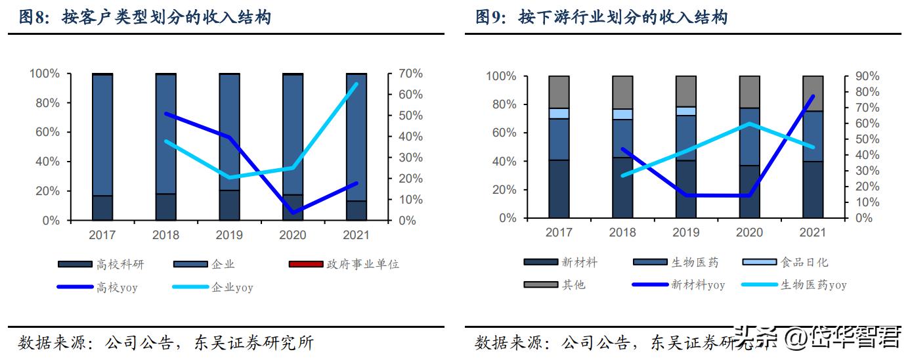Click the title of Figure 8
click(x=144, y=18)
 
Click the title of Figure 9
click(x=601, y=18)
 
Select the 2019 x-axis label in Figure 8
click(x=229, y=235)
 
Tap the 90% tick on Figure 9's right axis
click(x=859, y=76)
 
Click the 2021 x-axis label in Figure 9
click(x=813, y=233)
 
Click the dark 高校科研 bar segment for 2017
click(x=102, y=208)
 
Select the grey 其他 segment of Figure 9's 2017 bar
click(x=559, y=92)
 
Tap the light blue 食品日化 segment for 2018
click(x=622, y=114)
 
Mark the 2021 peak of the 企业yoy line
click(x=357, y=84)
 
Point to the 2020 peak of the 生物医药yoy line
click(x=749, y=124)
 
